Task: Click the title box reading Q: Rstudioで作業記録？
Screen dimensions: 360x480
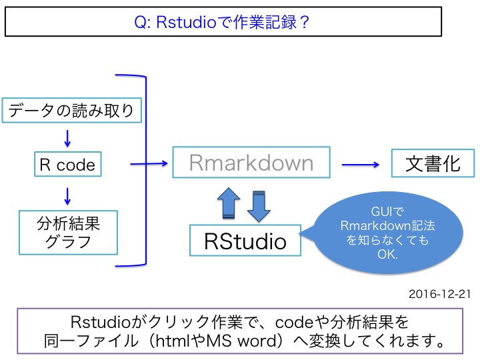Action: tap(223, 21)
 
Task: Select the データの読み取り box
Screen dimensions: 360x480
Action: tap(73, 110)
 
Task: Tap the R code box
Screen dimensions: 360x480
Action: tap(67, 164)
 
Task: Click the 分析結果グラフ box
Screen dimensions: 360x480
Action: tap(68, 232)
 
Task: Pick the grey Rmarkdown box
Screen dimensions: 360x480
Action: tap(251, 163)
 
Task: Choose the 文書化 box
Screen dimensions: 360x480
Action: tap(433, 163)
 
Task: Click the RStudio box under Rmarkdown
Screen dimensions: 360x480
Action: tap(245, 241)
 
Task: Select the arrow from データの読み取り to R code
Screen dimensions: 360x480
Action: tap(67, 137)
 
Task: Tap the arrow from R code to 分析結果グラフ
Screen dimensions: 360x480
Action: tap(67, 195)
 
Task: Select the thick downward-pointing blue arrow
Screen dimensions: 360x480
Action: tap(257, 205)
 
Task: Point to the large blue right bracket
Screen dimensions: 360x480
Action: tap(141, 170)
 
